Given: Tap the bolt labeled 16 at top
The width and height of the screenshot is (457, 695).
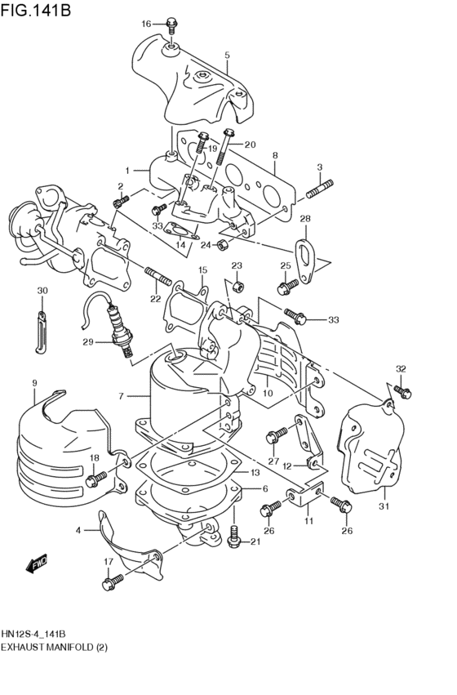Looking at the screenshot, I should tap(171, 25).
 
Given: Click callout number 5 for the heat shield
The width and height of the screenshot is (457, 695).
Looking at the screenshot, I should tap(227, 56).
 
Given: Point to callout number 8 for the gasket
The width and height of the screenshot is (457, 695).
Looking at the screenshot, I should tap(275, 155).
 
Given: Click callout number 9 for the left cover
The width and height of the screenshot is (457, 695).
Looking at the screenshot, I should tap(34, 383).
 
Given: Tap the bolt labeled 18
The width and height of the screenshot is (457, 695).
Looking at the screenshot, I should tap(99, 474).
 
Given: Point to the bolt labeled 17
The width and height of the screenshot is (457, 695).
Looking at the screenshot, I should tap(112, 582).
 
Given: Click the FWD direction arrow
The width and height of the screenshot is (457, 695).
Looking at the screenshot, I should tap(36, 564).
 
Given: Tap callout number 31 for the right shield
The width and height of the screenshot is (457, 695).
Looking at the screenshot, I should tap(384, 507).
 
